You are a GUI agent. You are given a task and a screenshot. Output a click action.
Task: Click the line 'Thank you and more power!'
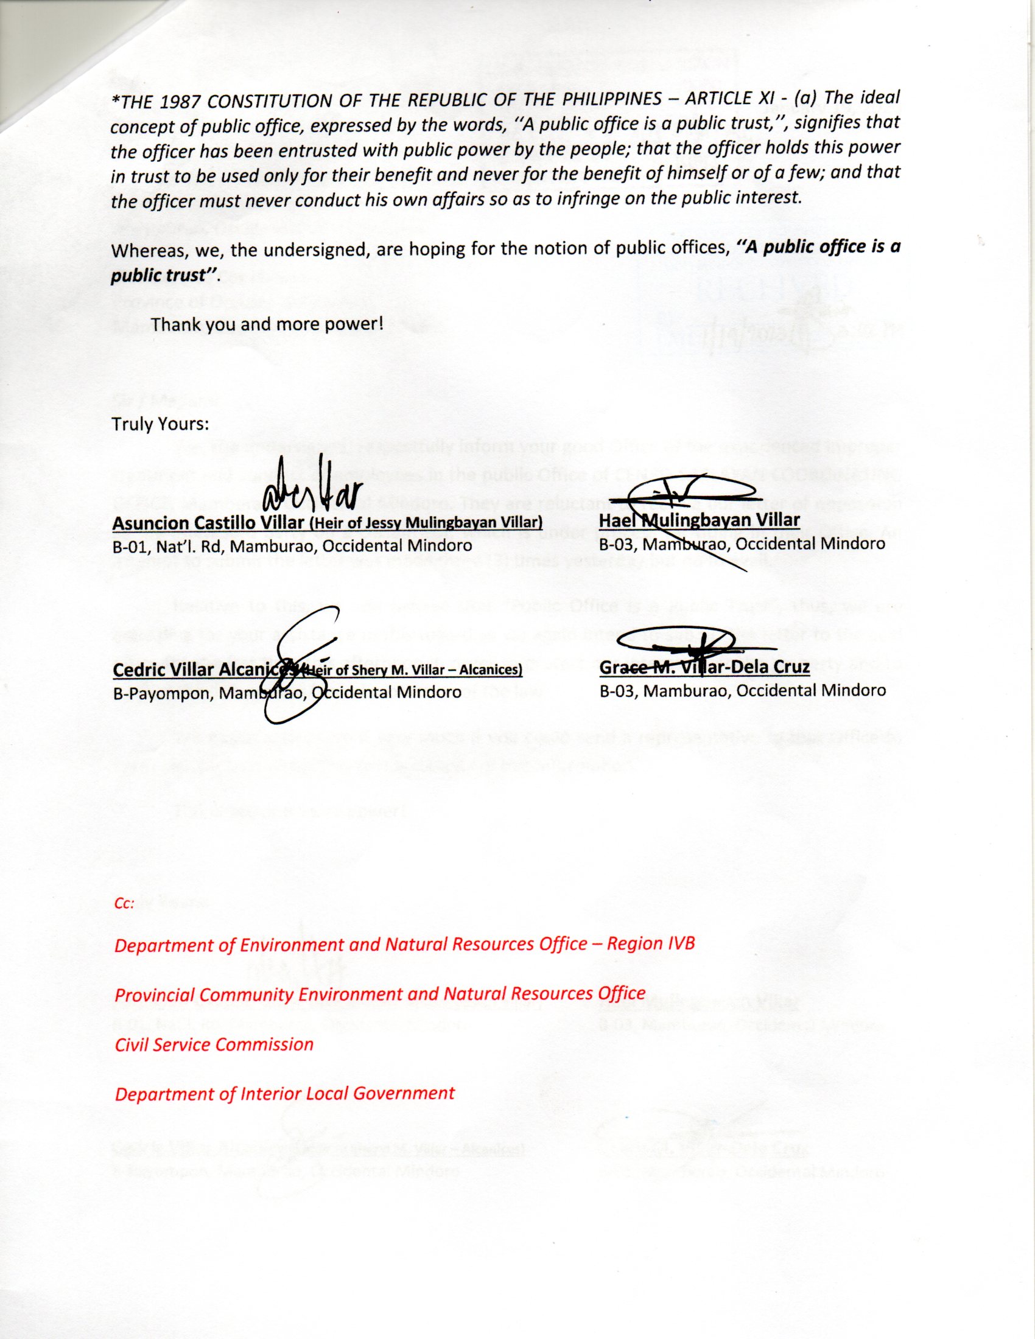tap(267, 324)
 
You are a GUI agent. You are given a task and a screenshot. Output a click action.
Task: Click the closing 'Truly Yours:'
tap(158, 424)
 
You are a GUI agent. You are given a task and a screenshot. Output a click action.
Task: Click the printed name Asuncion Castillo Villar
tap(208, 523)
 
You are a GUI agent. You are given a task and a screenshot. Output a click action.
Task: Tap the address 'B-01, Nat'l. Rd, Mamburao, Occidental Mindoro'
tap(292, 545)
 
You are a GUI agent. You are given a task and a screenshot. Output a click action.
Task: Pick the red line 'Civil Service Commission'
tap(214, 1044)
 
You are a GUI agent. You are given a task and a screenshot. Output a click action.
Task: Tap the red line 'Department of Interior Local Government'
tap(284, 1093)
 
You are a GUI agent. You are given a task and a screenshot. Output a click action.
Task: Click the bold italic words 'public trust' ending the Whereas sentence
tap(164, 275)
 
